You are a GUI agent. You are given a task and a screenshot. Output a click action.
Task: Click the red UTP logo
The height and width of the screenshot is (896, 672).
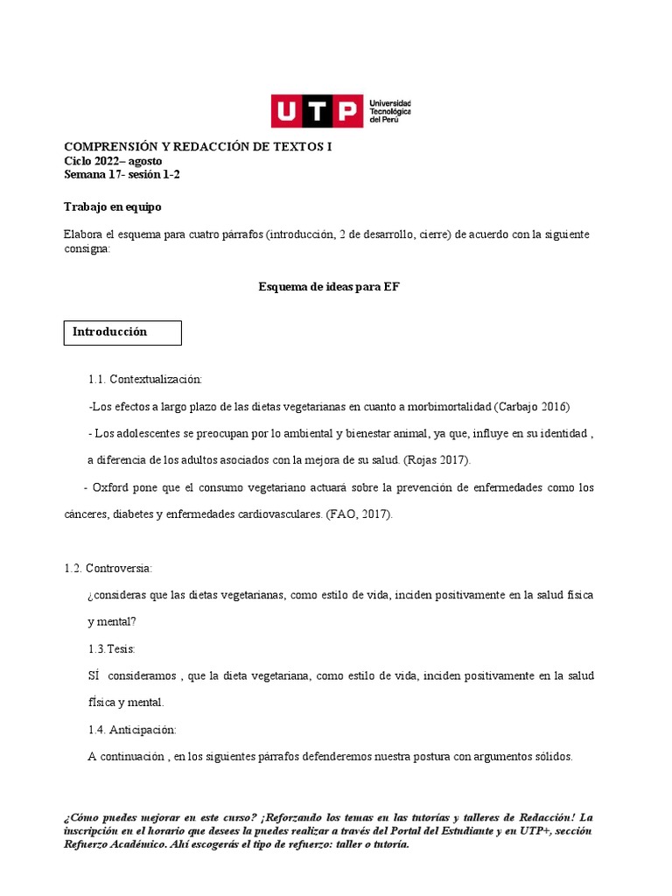316,112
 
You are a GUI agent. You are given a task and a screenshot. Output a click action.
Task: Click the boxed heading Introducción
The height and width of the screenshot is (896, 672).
110,332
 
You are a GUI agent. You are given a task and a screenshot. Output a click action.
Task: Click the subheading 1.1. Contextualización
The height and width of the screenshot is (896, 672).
145,380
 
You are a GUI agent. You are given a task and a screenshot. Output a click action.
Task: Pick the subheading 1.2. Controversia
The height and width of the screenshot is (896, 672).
108,569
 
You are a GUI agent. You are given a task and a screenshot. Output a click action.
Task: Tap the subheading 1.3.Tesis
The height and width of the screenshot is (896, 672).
111,649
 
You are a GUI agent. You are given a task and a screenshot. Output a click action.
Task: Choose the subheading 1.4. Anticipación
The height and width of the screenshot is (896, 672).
132,730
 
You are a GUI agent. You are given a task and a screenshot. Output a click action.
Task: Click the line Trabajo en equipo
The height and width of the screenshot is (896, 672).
113,207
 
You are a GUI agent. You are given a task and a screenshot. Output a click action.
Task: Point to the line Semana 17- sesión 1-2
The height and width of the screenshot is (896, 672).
122,174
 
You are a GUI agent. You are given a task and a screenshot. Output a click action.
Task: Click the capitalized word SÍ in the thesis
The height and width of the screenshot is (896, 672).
94,676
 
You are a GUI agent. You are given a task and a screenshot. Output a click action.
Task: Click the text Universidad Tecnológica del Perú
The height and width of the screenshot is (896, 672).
391,111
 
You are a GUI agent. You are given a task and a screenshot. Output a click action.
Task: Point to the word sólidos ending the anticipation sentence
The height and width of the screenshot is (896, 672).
553,757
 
